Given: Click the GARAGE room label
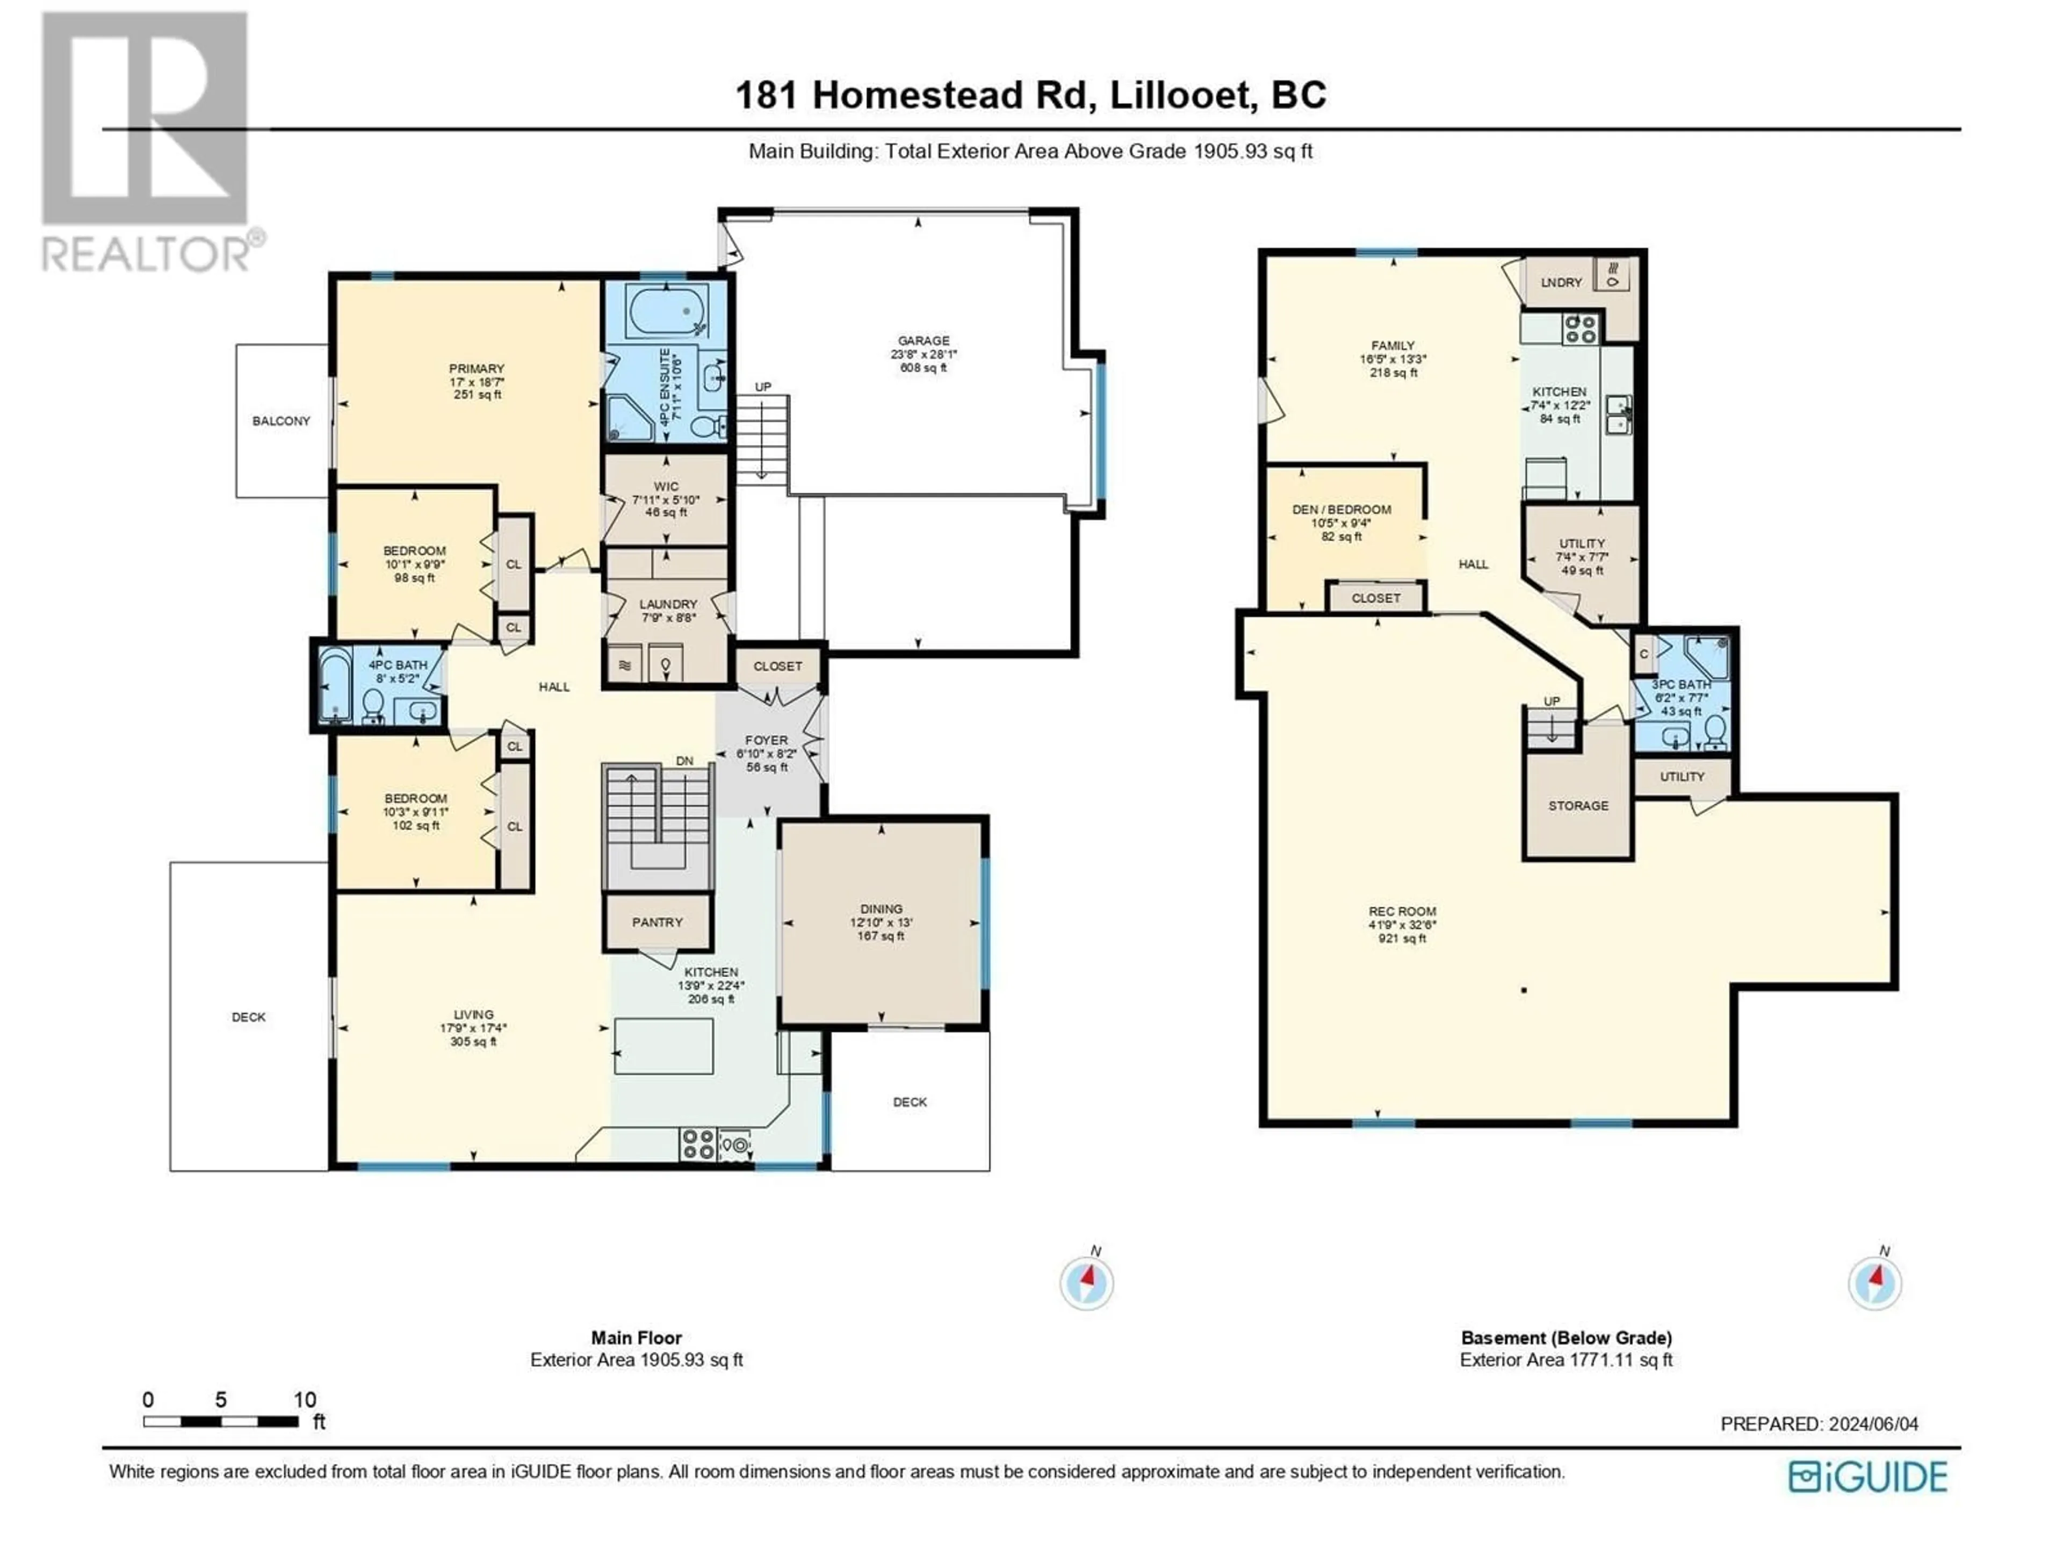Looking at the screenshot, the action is pyautogui.click(x=924, y=341).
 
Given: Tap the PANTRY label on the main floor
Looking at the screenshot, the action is pyautogui.click(x=658, y=922).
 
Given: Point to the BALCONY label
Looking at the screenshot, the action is pyautogui.click(x=281, y=421).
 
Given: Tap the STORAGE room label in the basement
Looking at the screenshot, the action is pyautogui.click(x=1578, y=805).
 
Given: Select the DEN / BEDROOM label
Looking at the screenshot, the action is pyautogui.click(x=1341, y=510).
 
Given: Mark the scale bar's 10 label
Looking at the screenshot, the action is pyautogui.click(x=305, y=1400).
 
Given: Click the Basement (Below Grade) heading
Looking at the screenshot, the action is pyautogui.click(x=1566, y=1337).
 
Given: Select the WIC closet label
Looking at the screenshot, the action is pyautogui.click(x=666, y=486).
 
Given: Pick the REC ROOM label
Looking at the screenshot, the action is pyautogui.click(x=1402, y=912).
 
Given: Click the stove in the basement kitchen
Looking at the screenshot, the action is pyautogui.click(x=1580, y=328).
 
